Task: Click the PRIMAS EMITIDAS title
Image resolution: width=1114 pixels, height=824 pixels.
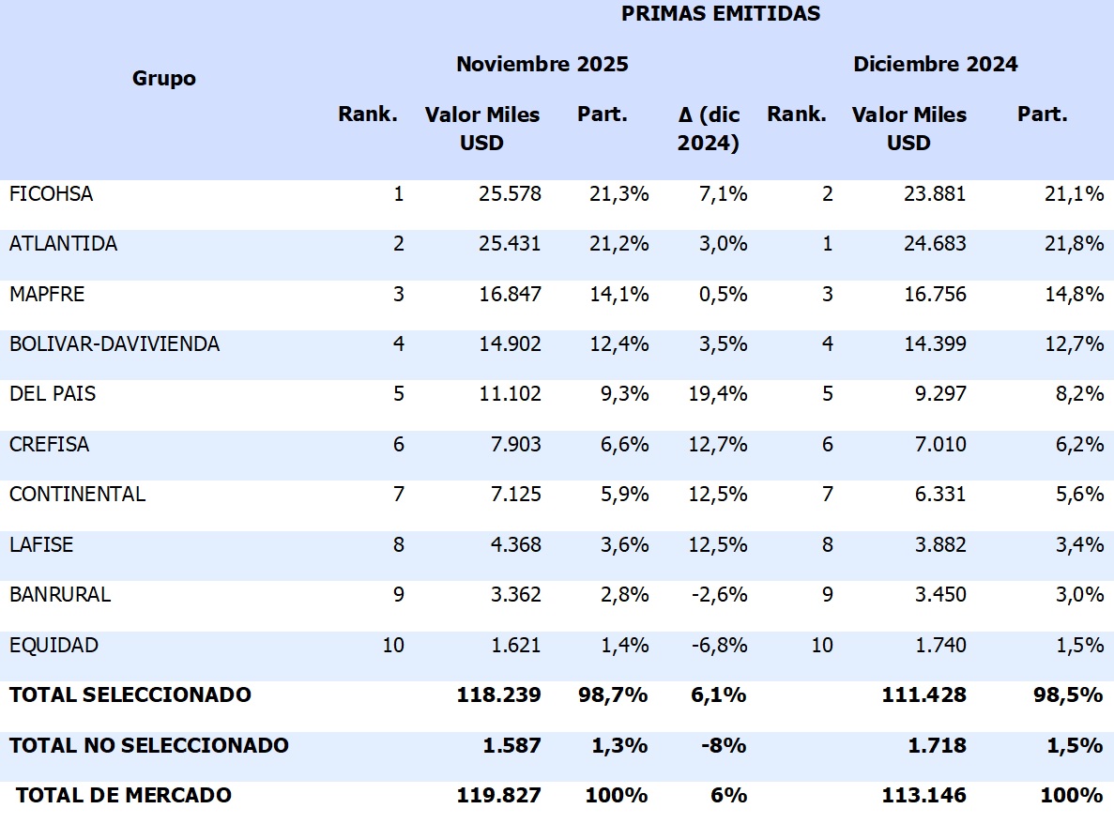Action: (720, 14)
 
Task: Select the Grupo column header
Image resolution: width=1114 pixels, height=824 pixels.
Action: (164, 78)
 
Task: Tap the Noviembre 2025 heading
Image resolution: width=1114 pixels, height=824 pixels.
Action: (542, 65)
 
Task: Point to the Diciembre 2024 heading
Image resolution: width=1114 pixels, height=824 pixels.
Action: (935, 65)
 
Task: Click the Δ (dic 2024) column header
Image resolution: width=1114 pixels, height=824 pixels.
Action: (709, 129)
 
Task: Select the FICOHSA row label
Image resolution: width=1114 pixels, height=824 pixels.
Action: (51, 194)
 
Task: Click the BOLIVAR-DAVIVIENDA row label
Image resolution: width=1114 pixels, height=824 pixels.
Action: (114, 344)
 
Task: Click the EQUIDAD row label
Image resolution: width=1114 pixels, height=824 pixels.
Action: (53, 646)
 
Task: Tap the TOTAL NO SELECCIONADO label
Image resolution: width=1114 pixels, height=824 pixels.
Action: (148, 746)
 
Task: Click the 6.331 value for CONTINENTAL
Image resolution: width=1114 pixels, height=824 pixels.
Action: (939, 495)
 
